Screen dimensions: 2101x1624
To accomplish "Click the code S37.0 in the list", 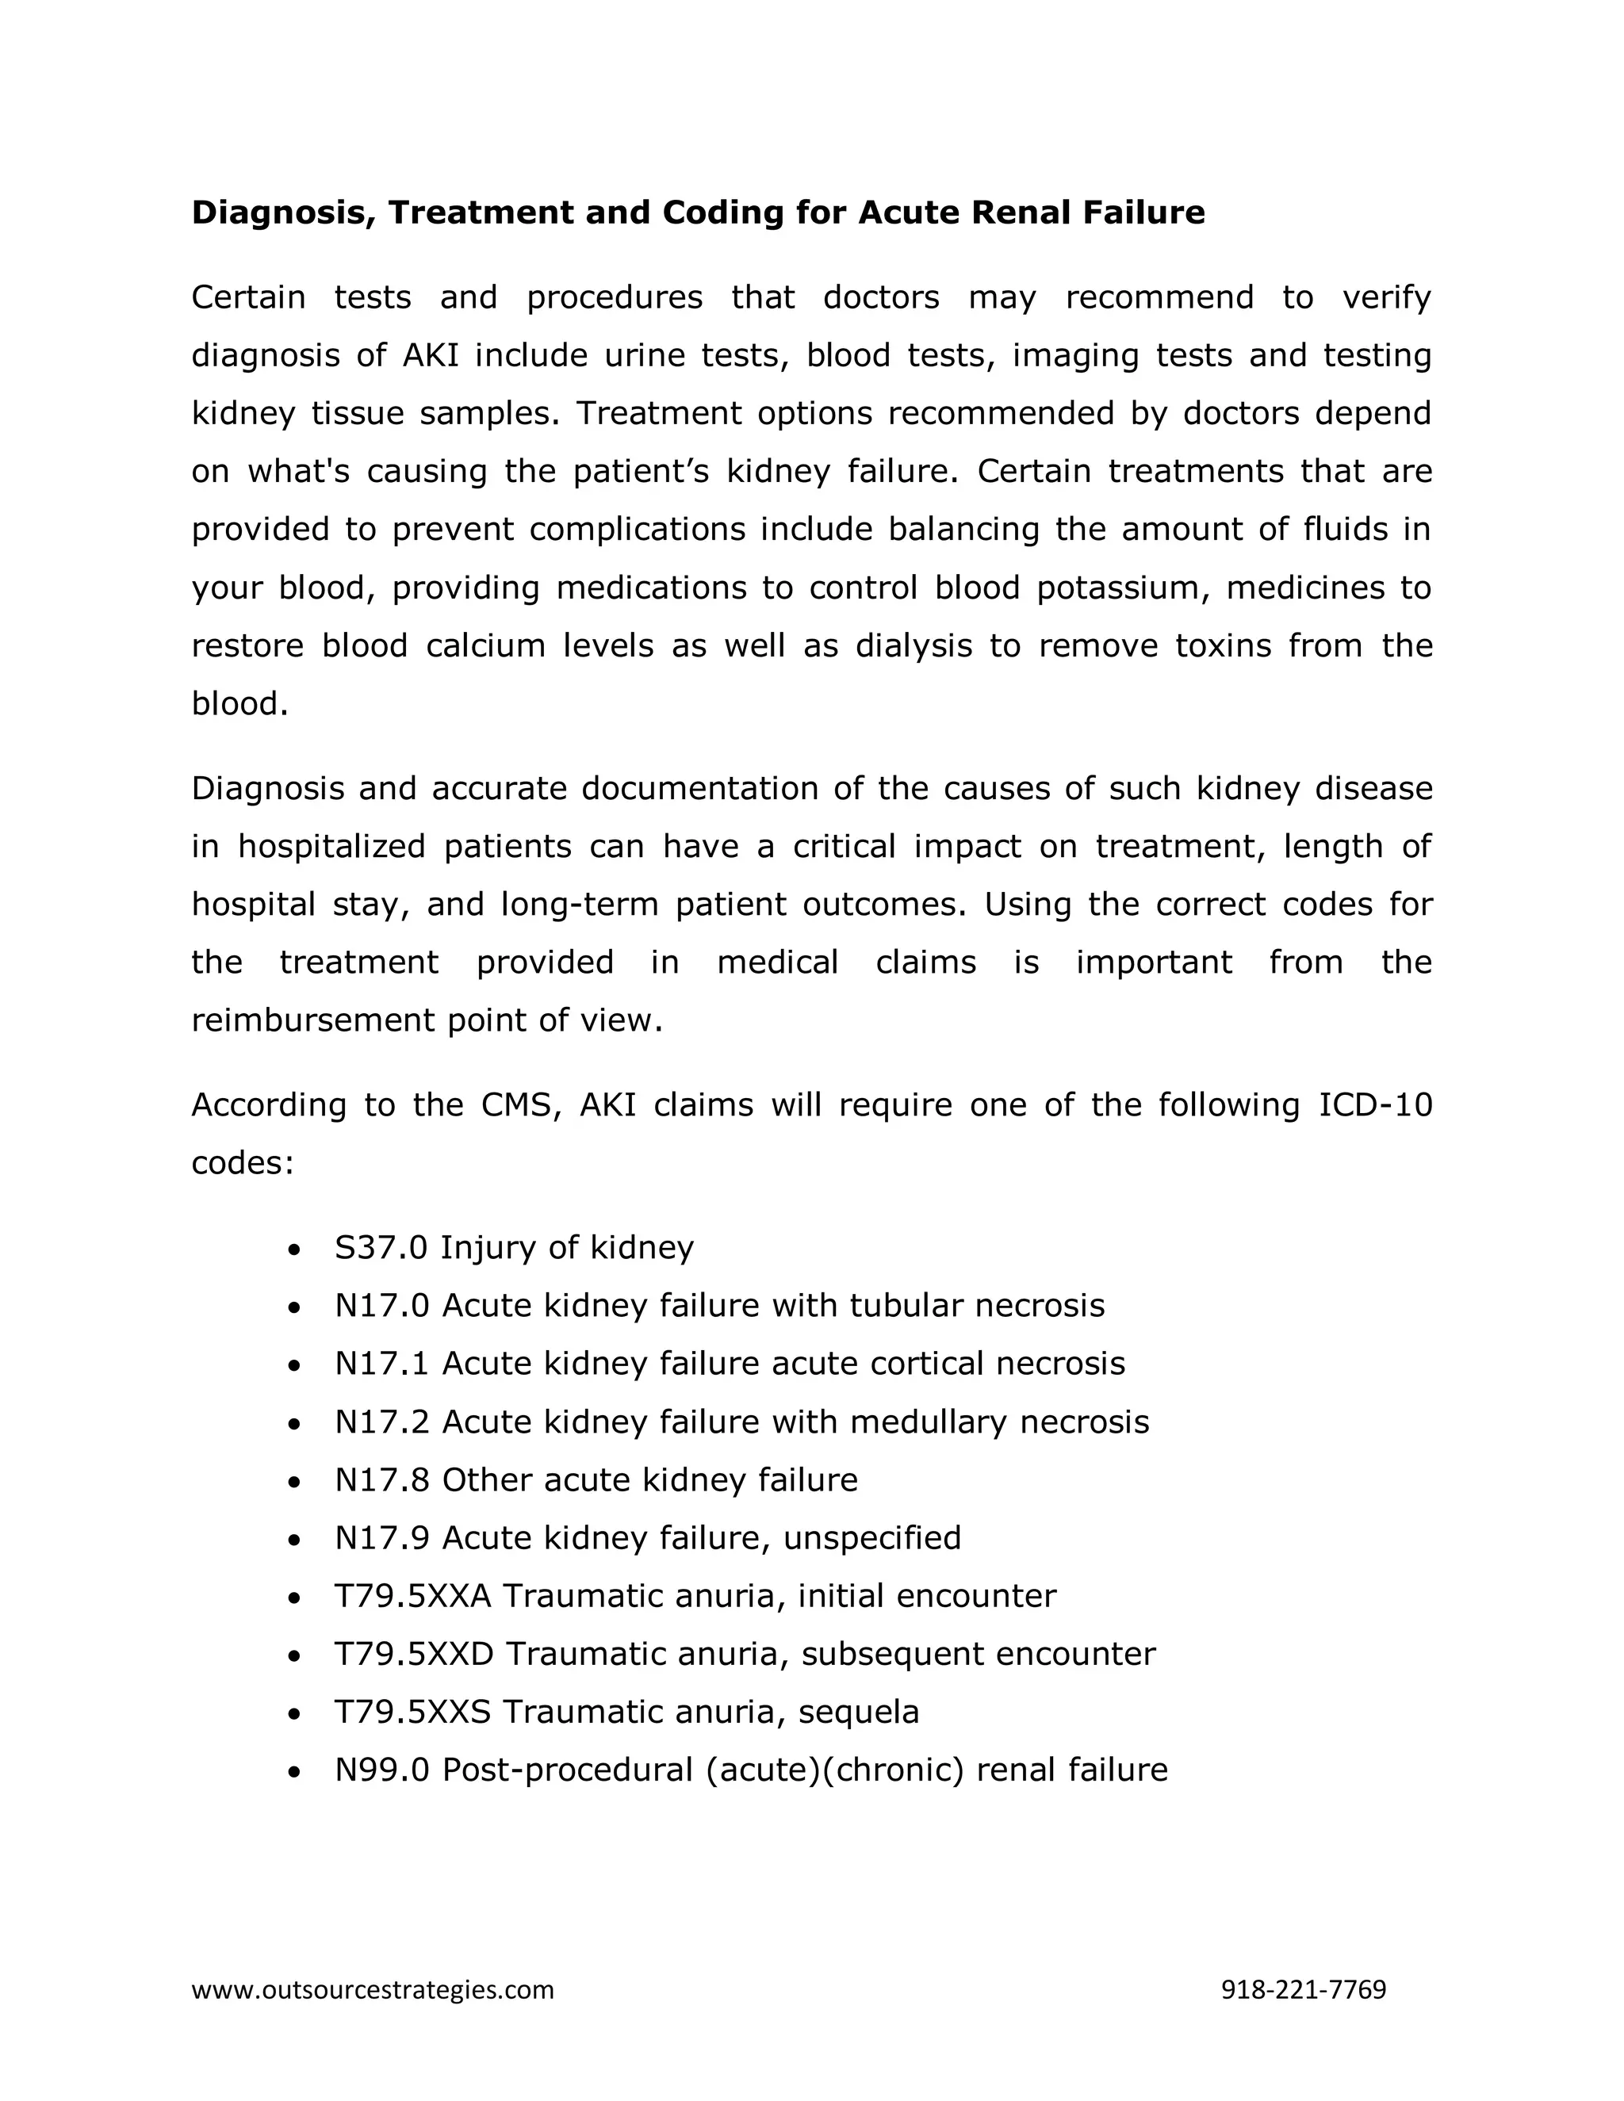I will pos(381,1248).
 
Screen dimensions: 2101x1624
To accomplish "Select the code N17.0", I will pos(382,1306).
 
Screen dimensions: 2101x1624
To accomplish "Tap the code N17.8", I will pos(382,1479).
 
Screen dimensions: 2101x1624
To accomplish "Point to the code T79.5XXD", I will pos(414,1654).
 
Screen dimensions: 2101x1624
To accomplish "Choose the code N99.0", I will pos(382,1770).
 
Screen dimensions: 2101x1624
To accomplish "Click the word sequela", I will pos(859,1713).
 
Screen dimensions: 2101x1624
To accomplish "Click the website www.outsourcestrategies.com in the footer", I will pos(373,1989).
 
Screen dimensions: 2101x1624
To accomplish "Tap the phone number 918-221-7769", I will pos(1303,1989).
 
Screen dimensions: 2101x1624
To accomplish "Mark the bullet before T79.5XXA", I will pos(294,1598).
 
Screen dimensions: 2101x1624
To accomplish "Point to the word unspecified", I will pos(871,1538).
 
